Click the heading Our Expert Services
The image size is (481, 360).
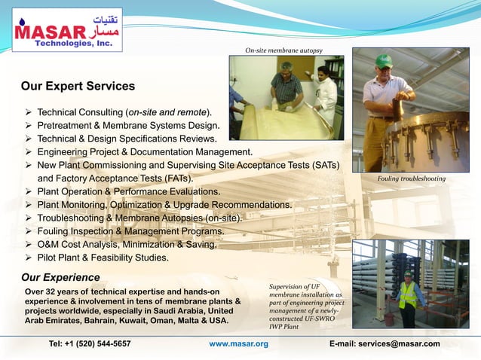click(78, 87)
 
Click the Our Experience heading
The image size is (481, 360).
click(60, 277)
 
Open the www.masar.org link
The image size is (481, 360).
click(238, 344)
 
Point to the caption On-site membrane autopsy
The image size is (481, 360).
click(284, 50)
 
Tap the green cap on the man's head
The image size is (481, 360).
click(384, 61)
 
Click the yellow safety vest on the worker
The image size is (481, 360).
click(408, 294)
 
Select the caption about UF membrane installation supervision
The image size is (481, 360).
click(305, 307)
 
